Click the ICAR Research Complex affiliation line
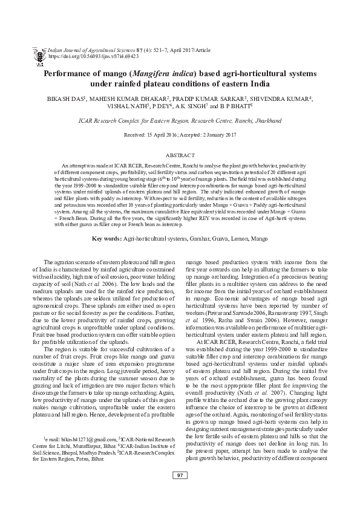(x=180, y=121)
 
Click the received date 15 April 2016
(x=163, y=134)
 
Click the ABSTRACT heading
(x=180, y=155)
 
